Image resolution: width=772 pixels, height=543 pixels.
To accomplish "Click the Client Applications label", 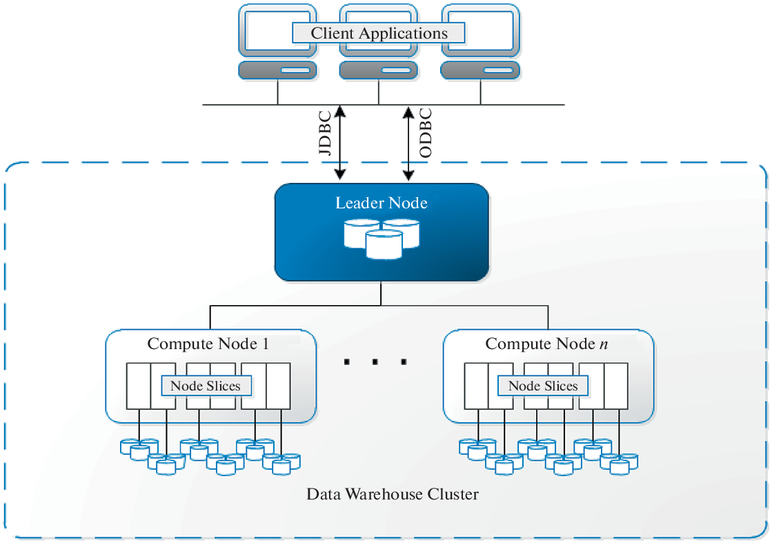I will click(x=379, y=33).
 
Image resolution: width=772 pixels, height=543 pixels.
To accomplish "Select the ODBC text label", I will click(x=425, y=132).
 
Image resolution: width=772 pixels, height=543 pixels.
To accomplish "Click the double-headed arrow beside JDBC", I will click(x=339, y=143).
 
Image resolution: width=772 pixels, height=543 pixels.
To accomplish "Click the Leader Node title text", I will click(x=381, y=203).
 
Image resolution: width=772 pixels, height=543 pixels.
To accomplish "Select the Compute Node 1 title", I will click(x=208, y=344).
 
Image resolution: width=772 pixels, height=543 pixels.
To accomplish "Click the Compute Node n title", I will click(x=546, y=344).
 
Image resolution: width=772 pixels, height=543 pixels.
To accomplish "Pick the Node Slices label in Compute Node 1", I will click(x=206, y=386).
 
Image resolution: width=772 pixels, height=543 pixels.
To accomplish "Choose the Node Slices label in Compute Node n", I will click(x=543, y=386).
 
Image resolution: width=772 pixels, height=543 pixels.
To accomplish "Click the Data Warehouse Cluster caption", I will click(x=392, y=494).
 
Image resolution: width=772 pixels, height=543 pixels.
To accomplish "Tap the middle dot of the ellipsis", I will click(x=374, y=362).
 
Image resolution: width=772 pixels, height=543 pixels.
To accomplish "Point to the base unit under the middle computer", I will click(x=379, y=70).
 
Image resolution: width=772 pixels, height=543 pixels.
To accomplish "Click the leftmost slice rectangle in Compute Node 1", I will click(x=138, y=386).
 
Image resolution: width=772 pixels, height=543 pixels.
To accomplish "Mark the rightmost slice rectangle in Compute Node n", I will click(x=616, y=386).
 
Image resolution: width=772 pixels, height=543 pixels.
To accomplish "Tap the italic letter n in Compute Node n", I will click(x=604, y=344).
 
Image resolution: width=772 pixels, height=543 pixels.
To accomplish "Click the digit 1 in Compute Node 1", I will click(x=265, y=344).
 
